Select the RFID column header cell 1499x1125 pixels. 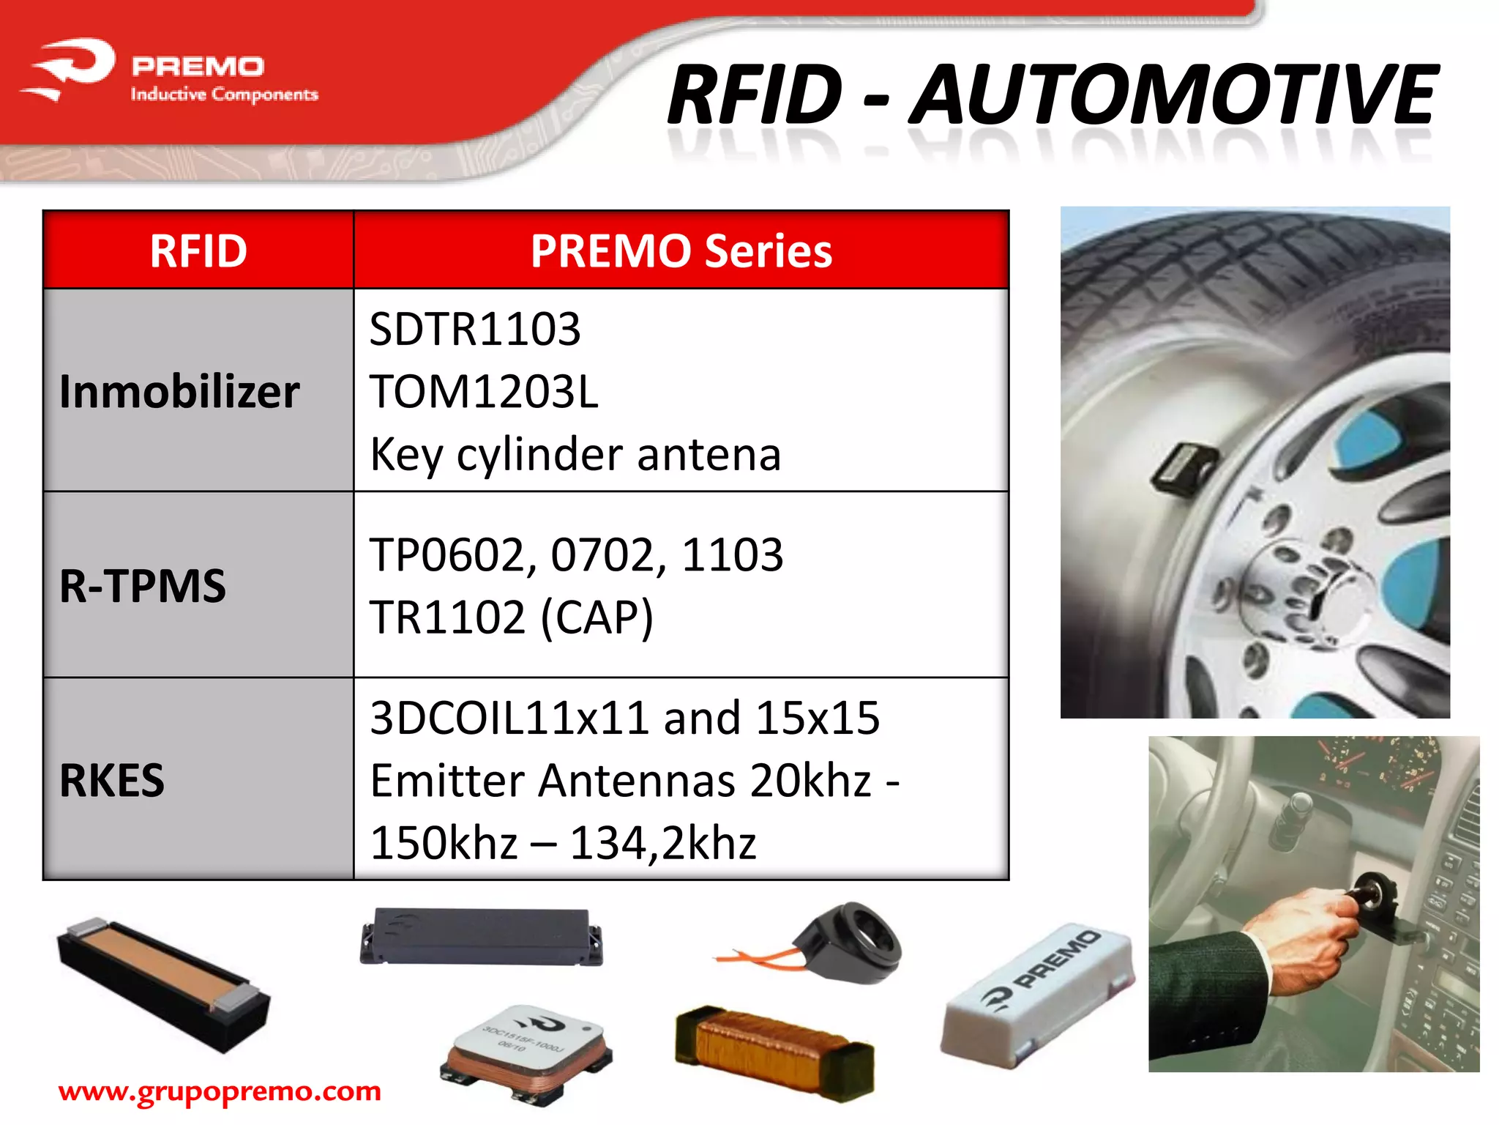[198, 251]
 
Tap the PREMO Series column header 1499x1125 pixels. [681, 251]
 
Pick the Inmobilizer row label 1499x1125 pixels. [179, 391]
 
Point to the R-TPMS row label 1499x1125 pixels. [143, 586]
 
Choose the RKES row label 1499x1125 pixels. [112, 780]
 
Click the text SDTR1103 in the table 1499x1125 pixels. [475, 329]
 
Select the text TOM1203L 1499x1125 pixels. [484, 392]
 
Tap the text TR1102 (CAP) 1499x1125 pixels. [511, 617]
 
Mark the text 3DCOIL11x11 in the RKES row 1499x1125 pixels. [509, 718]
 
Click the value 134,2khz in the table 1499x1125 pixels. [662, 843]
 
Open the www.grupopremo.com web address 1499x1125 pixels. [220, 1091]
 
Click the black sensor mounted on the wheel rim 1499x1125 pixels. [1183, 467]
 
